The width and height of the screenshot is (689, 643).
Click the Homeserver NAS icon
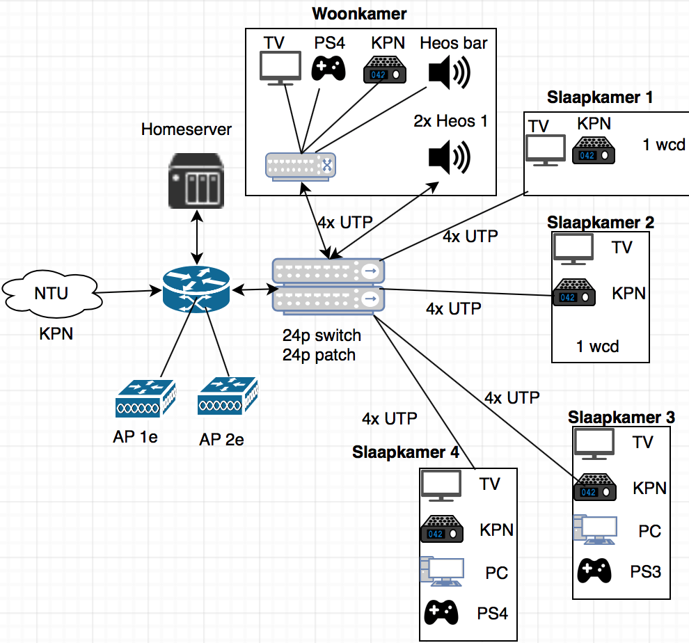[x=197, y=180]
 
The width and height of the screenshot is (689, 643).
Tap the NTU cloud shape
[x=51, y=293]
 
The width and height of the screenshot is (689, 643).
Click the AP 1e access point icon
[x=145, y=397]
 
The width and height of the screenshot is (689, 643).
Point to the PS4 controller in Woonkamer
[x=328, y=68]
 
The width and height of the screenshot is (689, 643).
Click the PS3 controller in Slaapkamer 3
[x=595, y=571]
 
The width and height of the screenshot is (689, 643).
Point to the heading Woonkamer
[x=360, y=13]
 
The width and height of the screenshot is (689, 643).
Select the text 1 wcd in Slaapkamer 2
[x=598, y=345]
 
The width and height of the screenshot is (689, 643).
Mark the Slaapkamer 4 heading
[x=406, y=452]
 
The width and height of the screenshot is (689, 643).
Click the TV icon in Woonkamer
[x=280, y=68]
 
